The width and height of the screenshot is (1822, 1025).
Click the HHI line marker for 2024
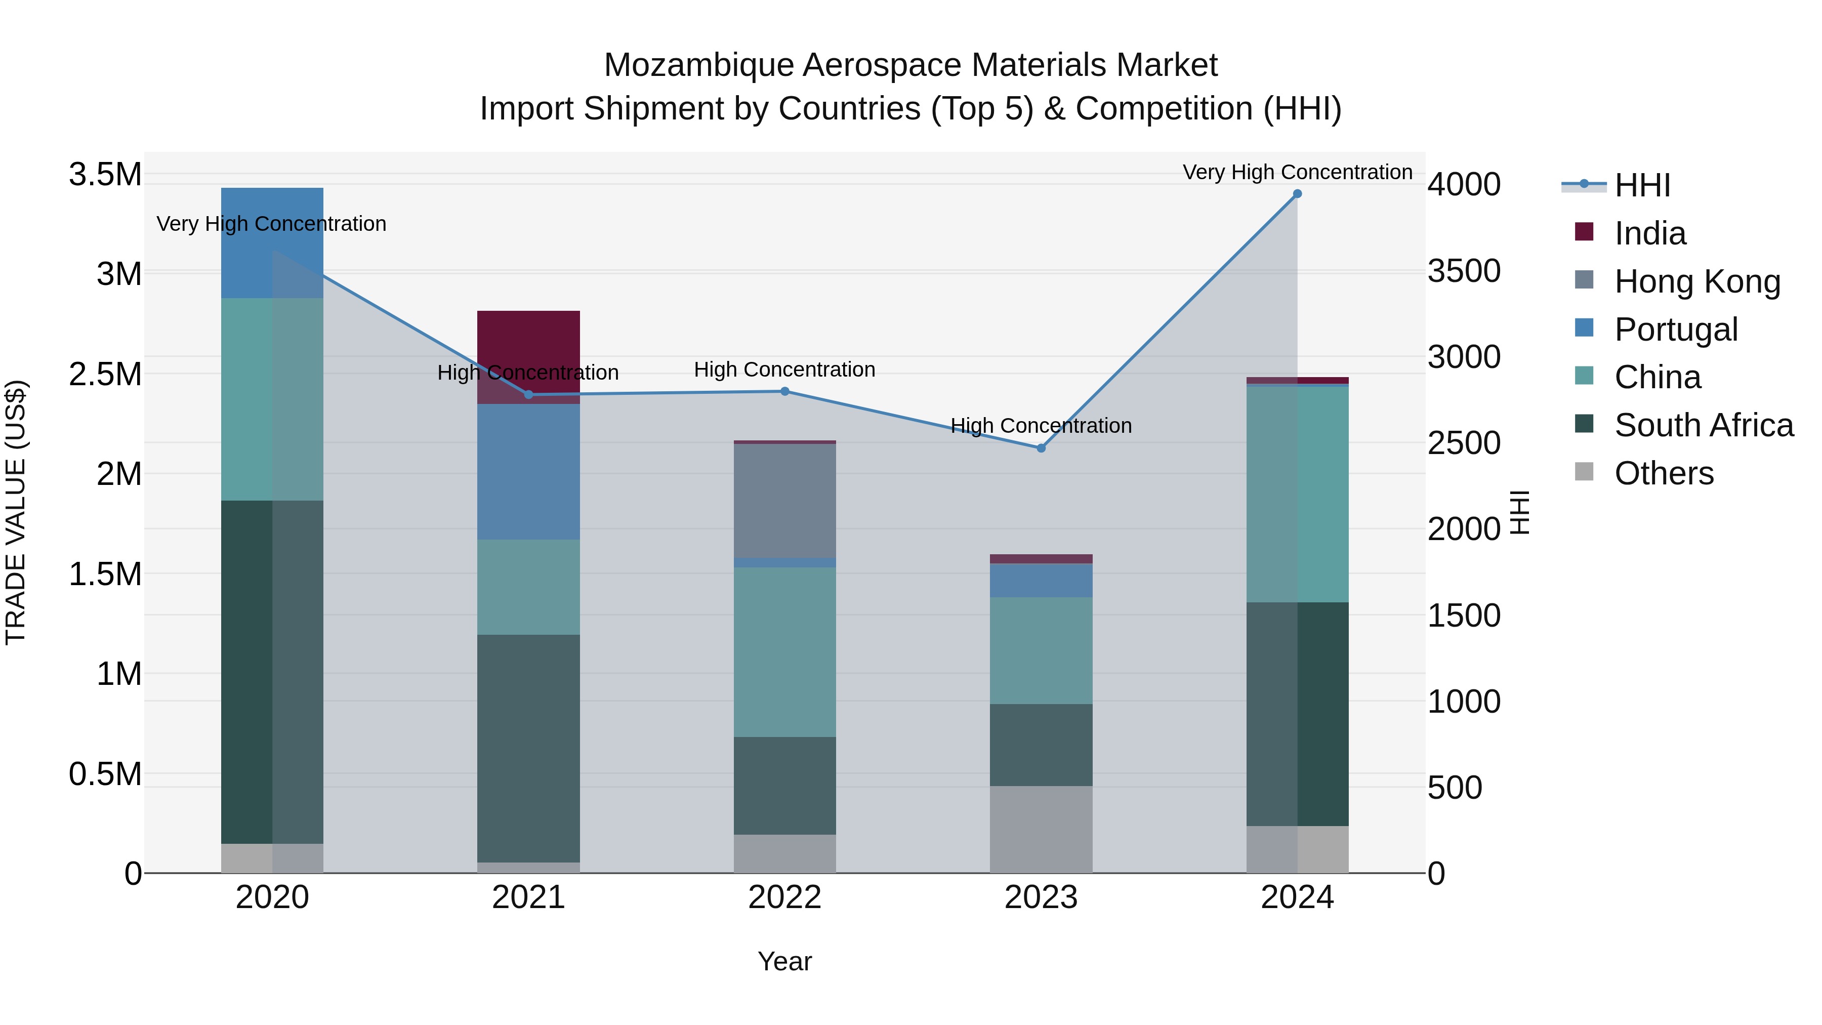point(1297,194)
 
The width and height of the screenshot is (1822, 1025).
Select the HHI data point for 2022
point(784,391)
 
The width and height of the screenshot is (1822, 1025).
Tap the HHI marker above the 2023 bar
point(1041,448)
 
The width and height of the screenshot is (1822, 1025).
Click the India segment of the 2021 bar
point(528,340)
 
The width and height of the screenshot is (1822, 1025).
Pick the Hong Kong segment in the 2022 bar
point(784,500)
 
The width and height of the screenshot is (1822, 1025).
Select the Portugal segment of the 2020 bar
point(272,242)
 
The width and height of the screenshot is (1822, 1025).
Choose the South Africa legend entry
point(1703,425)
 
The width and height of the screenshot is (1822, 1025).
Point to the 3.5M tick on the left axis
point(105,174)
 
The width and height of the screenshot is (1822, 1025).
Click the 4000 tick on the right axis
point(1463,185)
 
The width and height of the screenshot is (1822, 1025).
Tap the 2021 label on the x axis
point(528,897)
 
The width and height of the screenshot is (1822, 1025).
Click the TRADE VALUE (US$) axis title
point(16,512)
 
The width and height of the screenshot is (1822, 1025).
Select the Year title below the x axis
point(784,961)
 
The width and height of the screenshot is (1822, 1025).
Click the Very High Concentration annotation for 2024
point(1297,172)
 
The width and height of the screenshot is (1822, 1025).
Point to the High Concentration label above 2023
point(1041,426)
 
